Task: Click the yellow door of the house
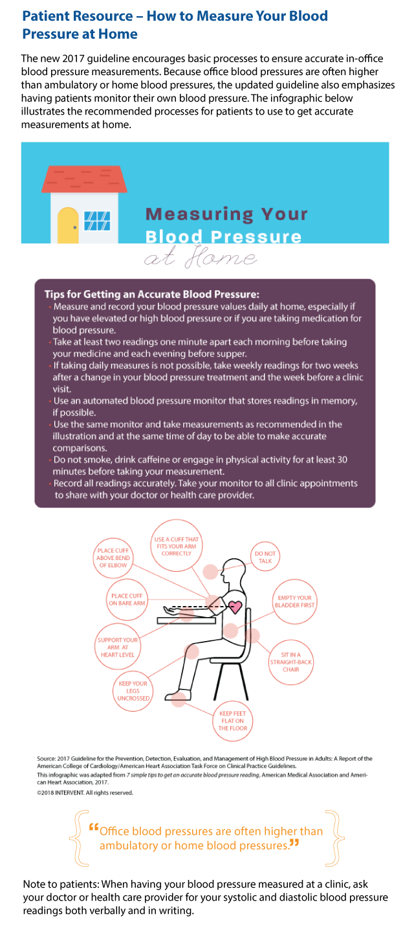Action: (68, 225)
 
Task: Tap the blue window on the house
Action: (97, 221)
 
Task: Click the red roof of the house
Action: (85, 179)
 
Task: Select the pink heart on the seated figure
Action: (235, 607)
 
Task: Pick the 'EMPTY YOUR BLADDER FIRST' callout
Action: (294, 601)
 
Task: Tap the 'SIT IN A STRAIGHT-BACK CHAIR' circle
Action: (291, 662)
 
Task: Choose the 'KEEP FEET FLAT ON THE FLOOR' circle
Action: (233, 721)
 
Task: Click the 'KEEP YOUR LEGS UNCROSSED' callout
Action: (133, 691)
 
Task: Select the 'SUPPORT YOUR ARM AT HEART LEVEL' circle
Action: (118, 647)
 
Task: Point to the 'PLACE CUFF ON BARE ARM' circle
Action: (127, 600)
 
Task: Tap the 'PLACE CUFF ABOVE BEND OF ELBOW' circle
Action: (113, 557)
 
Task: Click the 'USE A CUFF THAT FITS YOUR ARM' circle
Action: (177, 546)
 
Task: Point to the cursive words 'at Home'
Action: (201, 257)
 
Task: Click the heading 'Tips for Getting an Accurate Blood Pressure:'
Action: (152, 294)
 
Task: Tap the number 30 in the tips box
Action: (342, 460)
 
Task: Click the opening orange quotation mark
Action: (94, 827)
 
